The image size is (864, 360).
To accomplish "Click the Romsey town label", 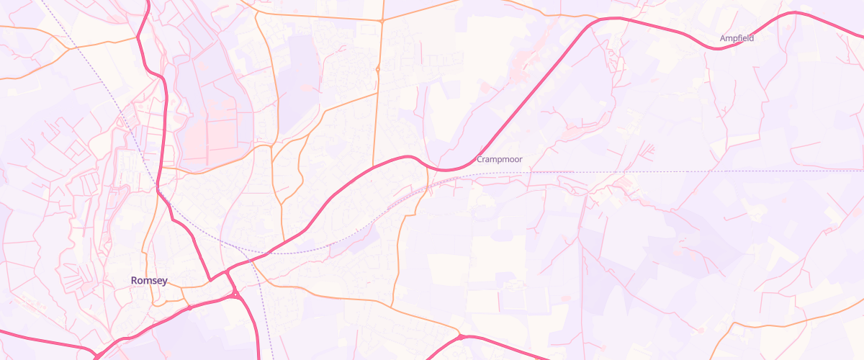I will (149, 280).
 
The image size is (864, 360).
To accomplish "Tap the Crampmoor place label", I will (499, 159).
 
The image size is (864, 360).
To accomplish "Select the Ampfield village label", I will (737, 38).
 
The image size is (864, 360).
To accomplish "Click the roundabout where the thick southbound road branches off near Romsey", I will (235, 294).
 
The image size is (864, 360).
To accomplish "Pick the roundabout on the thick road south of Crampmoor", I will (460, 336).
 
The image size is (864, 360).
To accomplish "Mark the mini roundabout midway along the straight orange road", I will (378, 69).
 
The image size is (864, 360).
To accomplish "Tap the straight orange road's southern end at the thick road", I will (373, 167).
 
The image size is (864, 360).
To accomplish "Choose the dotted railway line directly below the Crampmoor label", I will (499, 173).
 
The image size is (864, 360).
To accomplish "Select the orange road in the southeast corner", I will (792, 320).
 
